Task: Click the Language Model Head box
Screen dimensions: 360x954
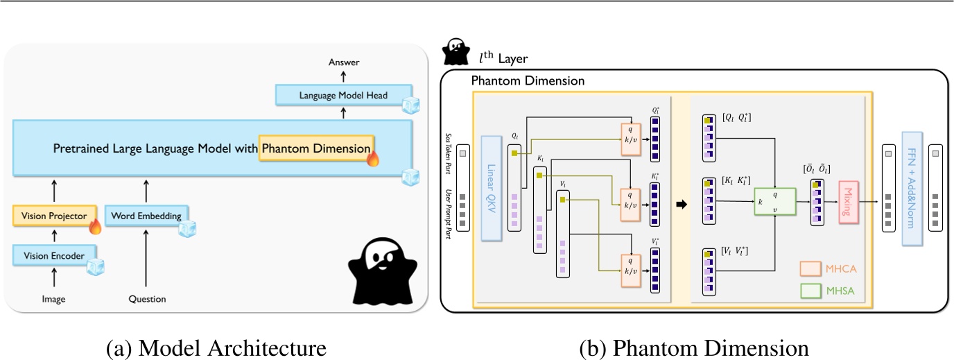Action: coord(342,95)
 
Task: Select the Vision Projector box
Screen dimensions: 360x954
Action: coord(53,216)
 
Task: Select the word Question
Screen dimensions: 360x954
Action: coord(147,300)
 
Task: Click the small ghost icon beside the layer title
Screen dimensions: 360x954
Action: coord(456,51)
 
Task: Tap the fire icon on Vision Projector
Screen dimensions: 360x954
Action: coord(95,225)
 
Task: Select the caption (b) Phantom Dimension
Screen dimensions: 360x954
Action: coord(693,346)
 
